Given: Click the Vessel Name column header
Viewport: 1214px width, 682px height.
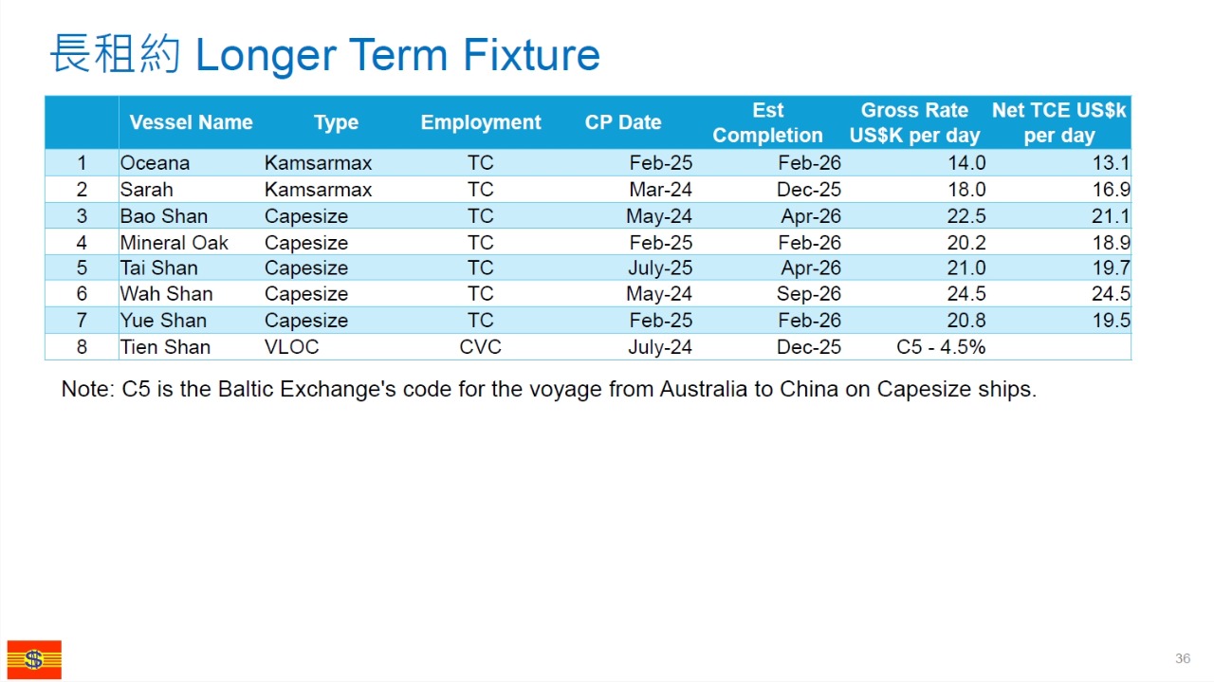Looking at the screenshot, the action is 191,122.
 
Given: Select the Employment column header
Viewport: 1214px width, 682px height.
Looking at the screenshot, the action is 481,122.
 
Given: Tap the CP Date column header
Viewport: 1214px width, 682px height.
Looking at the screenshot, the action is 623,122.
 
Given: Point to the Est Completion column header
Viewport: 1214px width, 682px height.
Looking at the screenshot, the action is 767,122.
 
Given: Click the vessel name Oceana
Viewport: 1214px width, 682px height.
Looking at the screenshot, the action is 155,163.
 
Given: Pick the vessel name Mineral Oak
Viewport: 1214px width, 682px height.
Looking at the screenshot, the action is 174,243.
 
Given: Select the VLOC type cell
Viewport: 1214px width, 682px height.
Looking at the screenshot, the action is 291,347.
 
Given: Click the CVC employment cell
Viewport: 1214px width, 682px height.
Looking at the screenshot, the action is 480,347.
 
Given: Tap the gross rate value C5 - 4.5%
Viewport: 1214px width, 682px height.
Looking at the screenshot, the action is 941,347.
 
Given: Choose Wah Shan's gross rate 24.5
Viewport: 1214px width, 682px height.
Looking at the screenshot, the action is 966,294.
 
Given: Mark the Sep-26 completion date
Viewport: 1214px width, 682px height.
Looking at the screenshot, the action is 809,294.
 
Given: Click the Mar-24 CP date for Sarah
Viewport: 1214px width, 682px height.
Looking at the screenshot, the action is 661,190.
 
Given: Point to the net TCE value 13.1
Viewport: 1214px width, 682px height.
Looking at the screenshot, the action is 1111,163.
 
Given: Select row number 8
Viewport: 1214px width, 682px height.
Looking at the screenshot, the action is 82,347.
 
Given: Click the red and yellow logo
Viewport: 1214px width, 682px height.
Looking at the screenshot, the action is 34,660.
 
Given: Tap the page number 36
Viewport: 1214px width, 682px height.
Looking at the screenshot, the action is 1183,658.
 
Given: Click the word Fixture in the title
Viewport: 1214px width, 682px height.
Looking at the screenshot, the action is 531,55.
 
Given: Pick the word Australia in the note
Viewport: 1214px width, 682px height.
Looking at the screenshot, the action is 703,389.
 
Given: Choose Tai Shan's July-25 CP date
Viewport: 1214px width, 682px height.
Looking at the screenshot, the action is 660,268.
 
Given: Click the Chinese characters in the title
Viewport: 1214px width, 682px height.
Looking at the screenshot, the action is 115,53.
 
